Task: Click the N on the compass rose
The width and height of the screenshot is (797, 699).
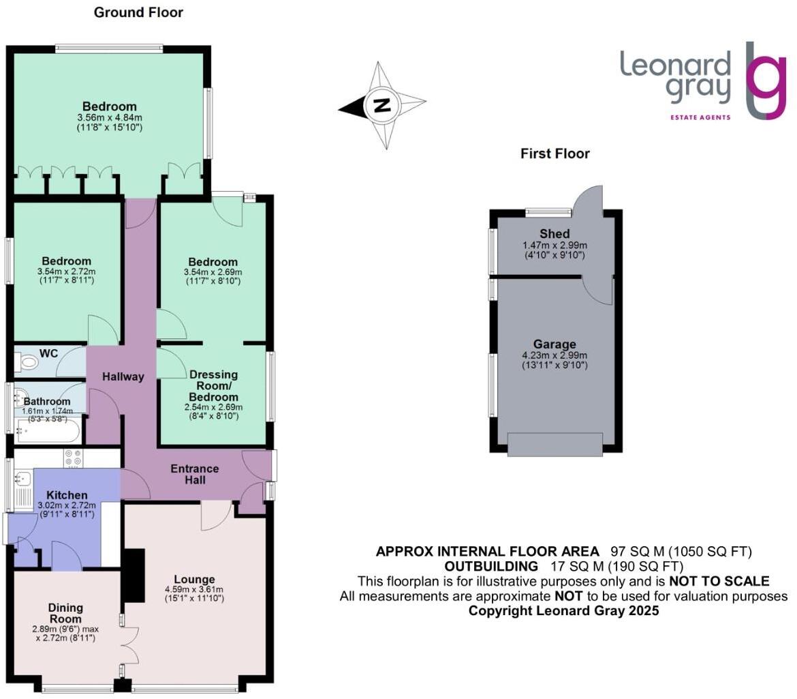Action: [381, 106]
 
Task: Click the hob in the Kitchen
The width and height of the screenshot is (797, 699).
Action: [73, 458]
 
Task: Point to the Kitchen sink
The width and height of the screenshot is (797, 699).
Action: [23, 478]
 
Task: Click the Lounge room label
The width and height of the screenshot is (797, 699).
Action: [194, 579]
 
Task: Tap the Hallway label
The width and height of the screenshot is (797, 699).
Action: [123, 376]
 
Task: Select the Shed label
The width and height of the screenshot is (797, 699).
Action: [554, 233]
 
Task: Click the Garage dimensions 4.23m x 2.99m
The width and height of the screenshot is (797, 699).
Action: [554, 355]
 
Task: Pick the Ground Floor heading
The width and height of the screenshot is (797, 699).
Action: [138, 12]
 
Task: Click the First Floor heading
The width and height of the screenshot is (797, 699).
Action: [555, 153]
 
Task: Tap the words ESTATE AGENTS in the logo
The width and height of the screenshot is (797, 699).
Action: [700, 117]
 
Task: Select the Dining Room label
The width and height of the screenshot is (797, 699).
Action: [65, 613]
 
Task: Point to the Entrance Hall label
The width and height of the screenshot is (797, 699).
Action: [195, 474]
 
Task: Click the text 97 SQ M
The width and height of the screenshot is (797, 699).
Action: [638, 552]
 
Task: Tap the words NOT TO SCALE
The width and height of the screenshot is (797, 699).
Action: [719, 581]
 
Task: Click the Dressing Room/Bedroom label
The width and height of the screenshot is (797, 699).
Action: [213, 385]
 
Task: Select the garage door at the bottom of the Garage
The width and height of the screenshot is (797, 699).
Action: [555, 444]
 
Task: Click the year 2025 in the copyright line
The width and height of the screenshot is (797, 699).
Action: [643, 610]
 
